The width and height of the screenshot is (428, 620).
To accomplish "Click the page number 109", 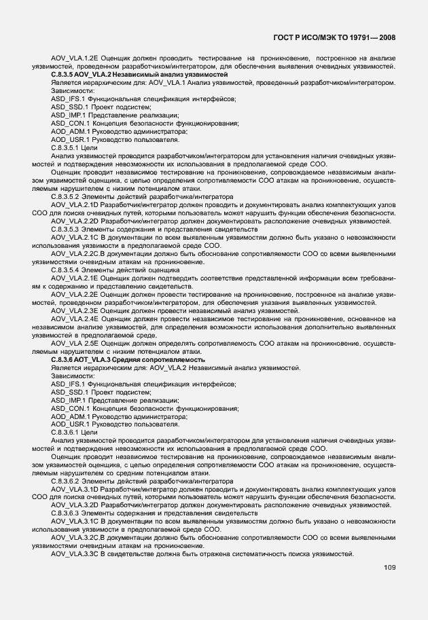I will tap(388, 568).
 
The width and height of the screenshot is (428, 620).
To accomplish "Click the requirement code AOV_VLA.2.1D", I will tap(73, 204).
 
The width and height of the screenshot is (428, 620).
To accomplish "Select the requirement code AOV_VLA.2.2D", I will tap(73, 221).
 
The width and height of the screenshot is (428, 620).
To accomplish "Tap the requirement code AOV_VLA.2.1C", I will tap(73, 237).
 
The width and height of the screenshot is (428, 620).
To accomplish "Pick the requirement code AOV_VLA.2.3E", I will tap(73, 310).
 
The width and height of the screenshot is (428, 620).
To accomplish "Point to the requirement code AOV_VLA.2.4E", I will tap(73, 318).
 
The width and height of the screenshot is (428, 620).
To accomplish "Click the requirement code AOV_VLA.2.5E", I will tap(73, 343).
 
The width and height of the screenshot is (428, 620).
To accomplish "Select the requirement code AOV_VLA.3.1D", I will tap(73, 489).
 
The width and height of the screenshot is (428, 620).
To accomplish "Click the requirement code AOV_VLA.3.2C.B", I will tap(75, 538).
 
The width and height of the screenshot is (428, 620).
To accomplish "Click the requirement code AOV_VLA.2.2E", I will tap(73, 294).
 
